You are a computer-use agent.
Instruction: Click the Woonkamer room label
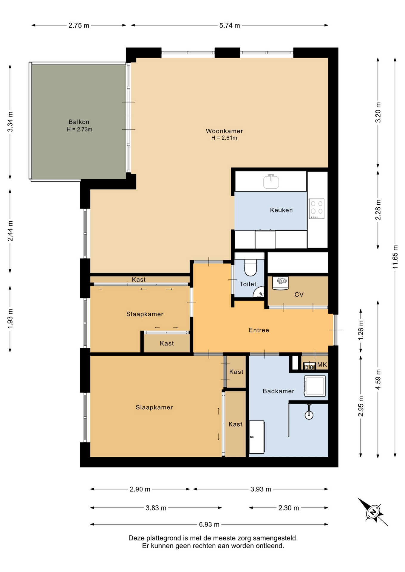point(224,131)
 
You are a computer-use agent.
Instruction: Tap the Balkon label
point(79,122)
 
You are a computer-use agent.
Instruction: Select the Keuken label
point(281,210)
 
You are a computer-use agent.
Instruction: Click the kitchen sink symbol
point(271,181)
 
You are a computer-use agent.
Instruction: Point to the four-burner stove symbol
point(316,209)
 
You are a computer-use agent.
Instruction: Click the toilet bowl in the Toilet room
point(251,267)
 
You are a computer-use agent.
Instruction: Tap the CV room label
point(299,295)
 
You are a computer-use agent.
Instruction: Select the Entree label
point(259,330)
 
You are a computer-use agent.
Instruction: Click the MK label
point(322,365)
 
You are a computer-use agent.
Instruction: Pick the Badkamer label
point(279,391)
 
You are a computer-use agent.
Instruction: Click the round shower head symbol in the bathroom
point(309,415)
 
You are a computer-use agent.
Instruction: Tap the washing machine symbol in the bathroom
point(315,386)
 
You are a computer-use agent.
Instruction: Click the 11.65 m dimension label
point(395,257)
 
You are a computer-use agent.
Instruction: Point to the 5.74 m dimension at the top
point(230,26)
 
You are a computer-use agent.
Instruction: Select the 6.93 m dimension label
point(209,524)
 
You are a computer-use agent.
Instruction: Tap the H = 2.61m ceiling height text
point(224,138)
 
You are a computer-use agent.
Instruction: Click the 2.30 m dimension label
point(288,508)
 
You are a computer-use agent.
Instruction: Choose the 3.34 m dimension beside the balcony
point(10,122)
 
